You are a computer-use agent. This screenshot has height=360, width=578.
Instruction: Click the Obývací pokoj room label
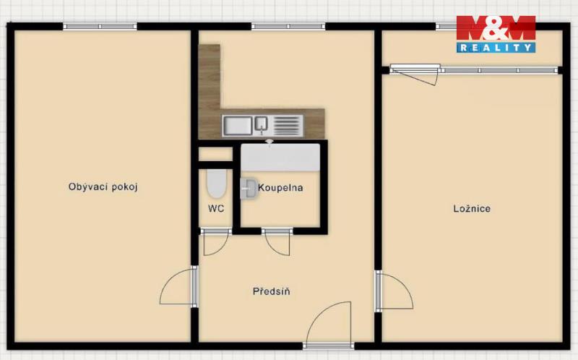103,187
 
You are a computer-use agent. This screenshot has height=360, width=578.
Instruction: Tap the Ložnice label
472,209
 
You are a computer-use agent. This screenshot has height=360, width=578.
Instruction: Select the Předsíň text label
272,291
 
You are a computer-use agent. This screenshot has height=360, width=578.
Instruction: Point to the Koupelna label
280,188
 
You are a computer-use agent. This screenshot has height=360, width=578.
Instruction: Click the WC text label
216,209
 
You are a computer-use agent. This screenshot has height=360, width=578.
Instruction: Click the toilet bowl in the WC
216,184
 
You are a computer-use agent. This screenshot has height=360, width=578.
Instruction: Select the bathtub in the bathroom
280,158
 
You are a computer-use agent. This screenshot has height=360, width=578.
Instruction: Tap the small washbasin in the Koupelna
249,189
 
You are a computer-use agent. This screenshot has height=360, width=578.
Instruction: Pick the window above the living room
100,27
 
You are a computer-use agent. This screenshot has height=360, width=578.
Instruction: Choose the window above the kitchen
288,27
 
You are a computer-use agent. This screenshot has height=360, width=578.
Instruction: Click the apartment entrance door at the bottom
329,325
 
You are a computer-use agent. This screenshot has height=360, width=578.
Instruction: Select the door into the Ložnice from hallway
394,291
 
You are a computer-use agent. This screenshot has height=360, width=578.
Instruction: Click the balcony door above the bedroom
415,74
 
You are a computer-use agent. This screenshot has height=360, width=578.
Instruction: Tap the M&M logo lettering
496,27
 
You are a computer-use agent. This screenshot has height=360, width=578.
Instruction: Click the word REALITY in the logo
496,47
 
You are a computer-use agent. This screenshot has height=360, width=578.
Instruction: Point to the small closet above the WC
215,154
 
